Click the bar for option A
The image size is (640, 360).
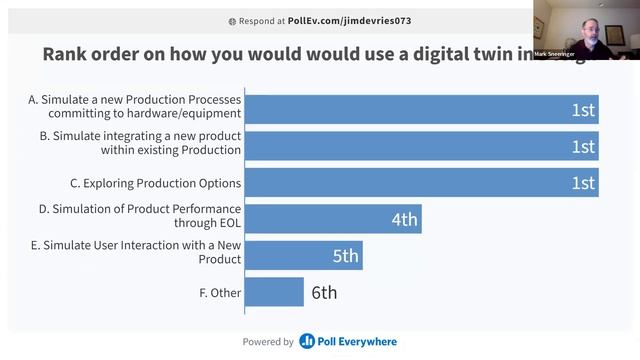(x=420, y=109)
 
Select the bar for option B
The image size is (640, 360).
(x=420, y=146)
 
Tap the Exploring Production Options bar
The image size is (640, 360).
(x=420, y=182)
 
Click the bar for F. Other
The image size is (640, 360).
(x=274, y=292)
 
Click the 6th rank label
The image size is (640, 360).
(x=324, y=293)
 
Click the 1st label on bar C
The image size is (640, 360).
(x=583, y=183)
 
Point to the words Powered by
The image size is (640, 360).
(x=268, y=342)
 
